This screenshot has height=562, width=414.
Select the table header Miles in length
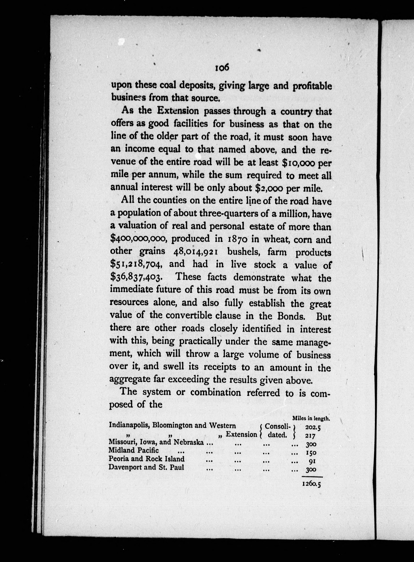click(x=311, y=418)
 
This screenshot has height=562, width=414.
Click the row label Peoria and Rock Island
click(x=146, y=459)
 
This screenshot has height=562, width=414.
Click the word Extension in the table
click(x=241, y=434)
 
